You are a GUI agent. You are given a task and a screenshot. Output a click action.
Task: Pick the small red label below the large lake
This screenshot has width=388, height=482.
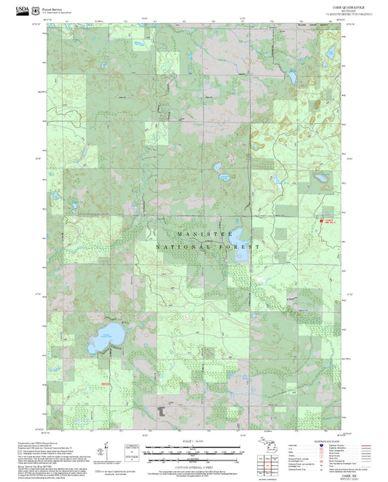[106, 383]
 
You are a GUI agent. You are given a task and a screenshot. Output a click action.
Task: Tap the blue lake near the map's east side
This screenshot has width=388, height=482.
[318, 176]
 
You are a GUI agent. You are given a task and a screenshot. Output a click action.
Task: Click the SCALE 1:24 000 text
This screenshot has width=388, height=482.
[193, 441]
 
